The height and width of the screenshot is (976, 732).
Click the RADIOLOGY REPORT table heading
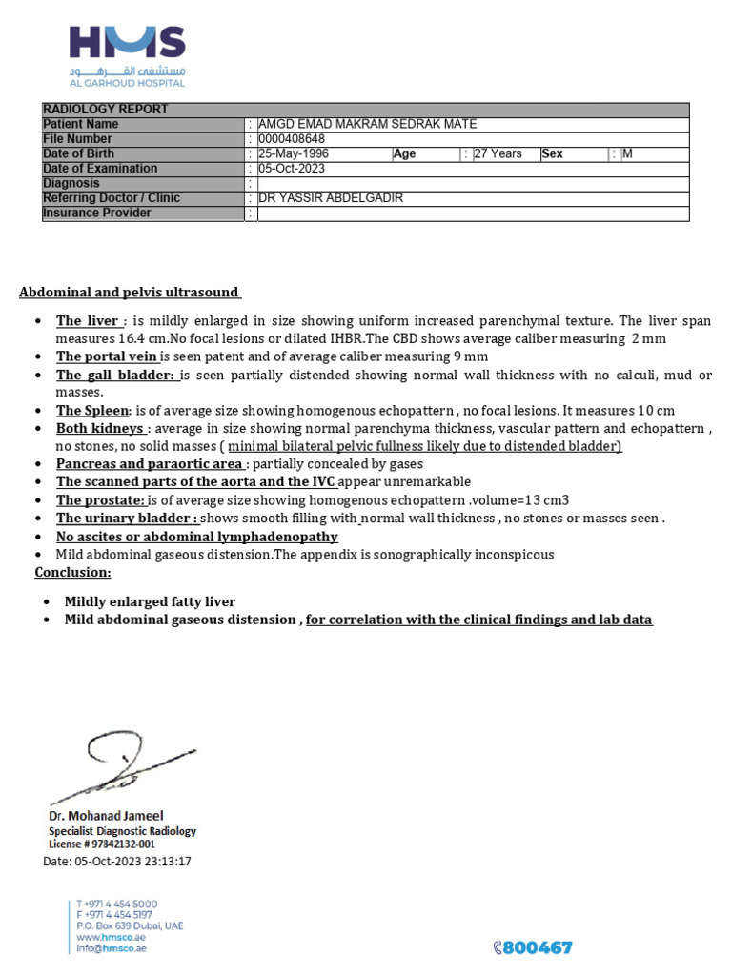click(106, 110)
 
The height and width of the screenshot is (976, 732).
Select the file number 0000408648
click(293, 139)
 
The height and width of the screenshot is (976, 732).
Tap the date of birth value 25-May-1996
click(294, 153)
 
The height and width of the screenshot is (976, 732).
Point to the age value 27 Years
click(498, 153)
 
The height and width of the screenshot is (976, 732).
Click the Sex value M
click(627, 153)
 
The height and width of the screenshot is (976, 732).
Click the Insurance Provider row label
click(97, 213)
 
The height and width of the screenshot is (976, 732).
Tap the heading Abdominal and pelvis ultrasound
click(130, 293)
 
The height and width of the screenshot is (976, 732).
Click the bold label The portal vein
click(106, 356)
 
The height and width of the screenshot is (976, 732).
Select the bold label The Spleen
click(91, 411)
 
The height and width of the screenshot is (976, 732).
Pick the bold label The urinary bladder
click(127, 518)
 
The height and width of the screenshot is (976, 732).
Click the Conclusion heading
click(72, 573)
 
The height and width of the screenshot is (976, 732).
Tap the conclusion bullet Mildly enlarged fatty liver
click(150, 602)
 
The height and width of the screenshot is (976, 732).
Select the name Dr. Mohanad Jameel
click(106, 816)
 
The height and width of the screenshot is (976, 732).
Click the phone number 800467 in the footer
click(537, 947)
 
